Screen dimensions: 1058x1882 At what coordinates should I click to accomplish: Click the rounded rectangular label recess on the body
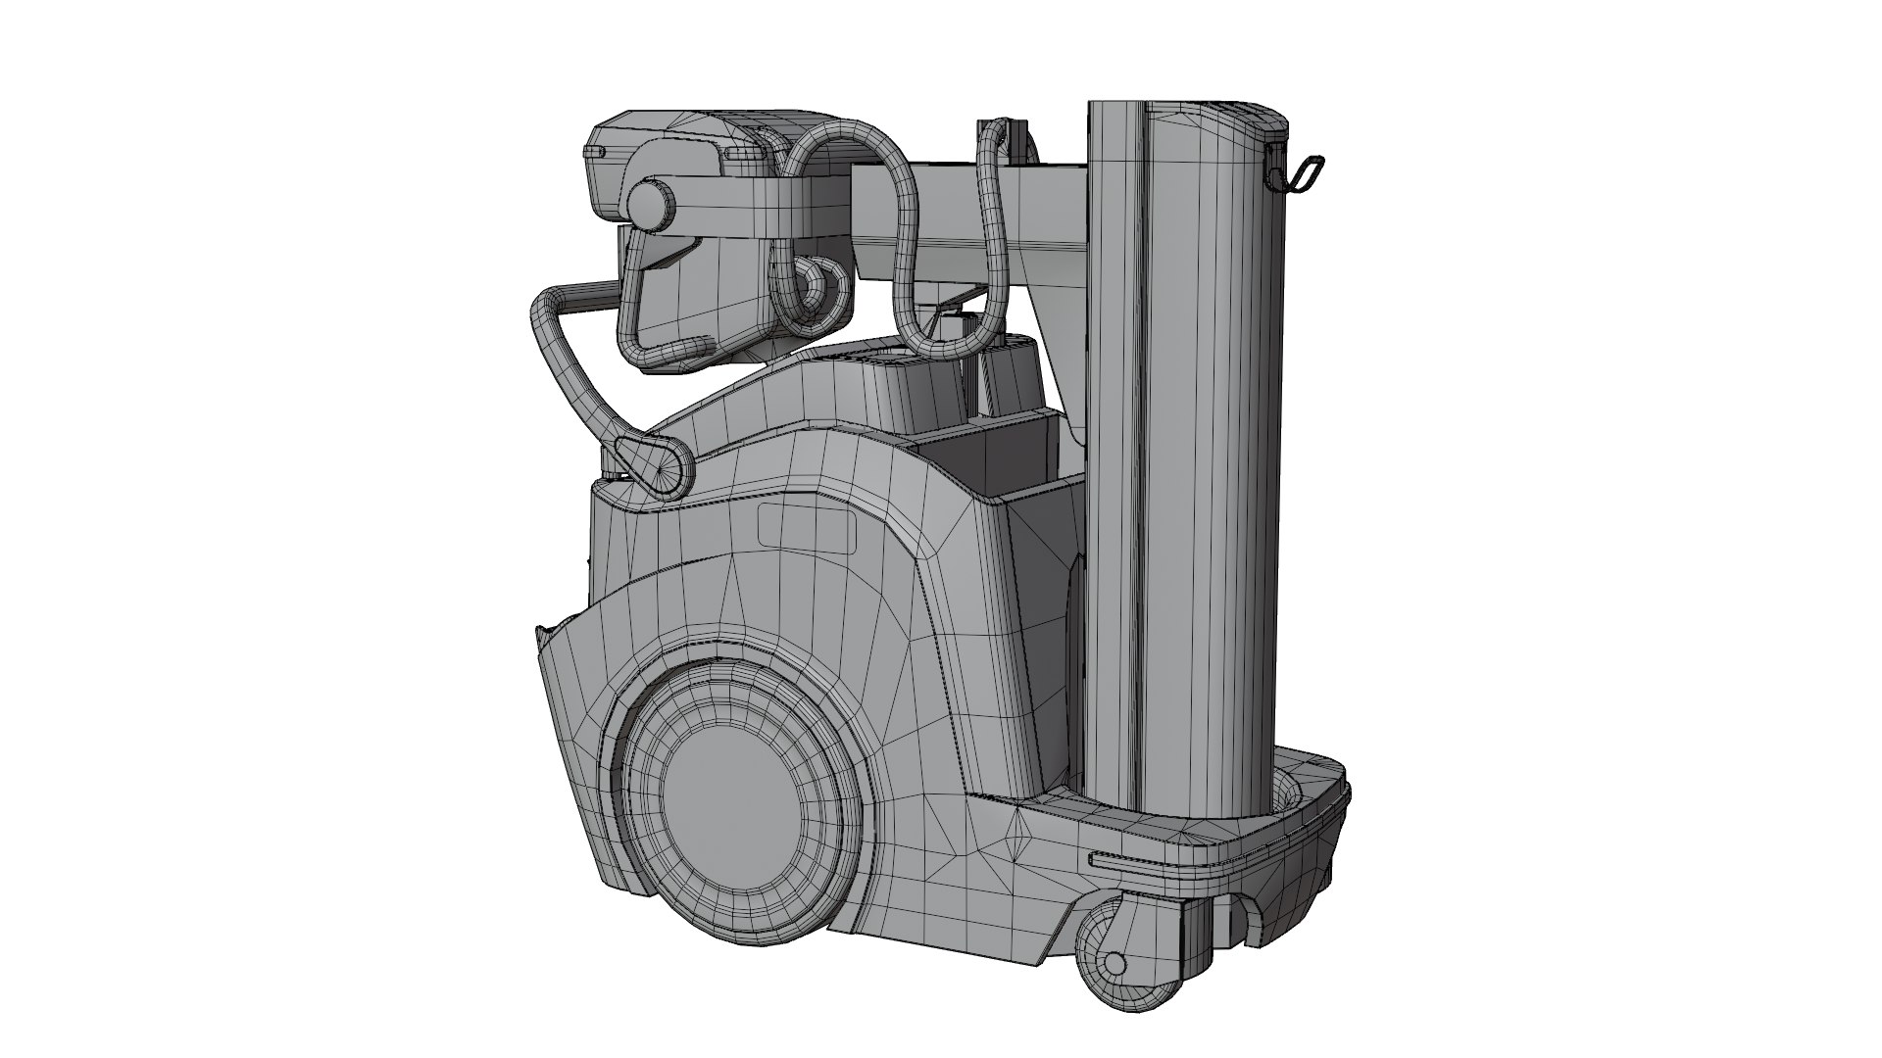pyautogui.click(x=807, y=529)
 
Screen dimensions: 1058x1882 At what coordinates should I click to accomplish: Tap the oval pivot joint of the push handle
pyautogui.click(x=651, y=465)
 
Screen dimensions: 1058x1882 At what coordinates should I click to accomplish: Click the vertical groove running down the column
pyautogui.click(x=1142, y=441)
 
